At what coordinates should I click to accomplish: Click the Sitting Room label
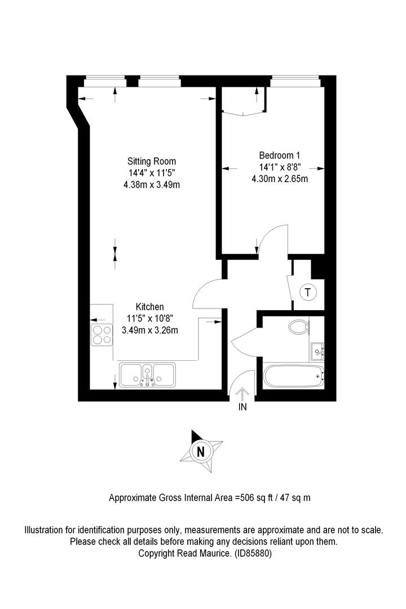pos(152,161)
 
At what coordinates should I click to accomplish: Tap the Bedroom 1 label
pos(279,156)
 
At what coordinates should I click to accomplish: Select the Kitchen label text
pos(149,307)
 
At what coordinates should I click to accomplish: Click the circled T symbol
pos(308,292)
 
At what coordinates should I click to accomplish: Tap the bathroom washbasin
pos(317,352)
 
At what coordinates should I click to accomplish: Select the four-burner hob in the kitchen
pos(102,335)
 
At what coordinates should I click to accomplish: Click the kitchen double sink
pos(147,375)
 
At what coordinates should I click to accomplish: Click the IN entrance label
pos(242,407)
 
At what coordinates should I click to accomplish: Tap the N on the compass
pos(201,452)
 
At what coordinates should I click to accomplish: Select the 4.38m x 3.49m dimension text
pos(152,185)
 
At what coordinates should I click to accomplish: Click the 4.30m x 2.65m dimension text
pos(280,179)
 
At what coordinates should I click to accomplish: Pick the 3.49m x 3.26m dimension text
pos(150,330)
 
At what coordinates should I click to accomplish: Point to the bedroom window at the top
pos(295,82)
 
